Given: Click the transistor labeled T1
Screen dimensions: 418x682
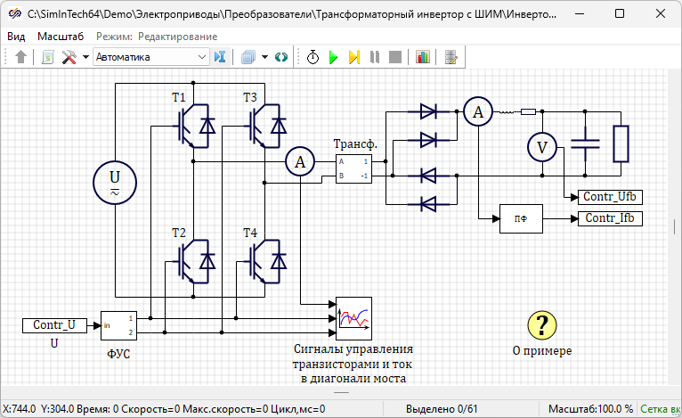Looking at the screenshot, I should coord(194,125).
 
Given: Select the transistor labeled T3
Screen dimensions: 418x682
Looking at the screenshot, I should coord(265,125).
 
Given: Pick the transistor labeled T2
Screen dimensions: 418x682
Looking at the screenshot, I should coord(194,259).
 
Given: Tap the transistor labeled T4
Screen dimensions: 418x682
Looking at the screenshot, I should coord(265,259).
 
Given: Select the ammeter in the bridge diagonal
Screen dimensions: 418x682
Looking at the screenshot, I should coord(301,161).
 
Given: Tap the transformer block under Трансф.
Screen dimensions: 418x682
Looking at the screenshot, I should coord(353,169).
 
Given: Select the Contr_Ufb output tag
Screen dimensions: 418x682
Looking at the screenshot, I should coord(610,197).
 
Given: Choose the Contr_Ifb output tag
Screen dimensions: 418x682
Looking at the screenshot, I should coord(610,218).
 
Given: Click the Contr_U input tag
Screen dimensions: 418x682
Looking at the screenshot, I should coord(54,325).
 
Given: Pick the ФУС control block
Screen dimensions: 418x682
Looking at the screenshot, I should coord(118,325).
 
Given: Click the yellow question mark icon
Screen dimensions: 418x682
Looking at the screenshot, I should coord(541,325).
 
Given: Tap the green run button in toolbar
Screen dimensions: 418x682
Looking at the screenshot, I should coord(333,57).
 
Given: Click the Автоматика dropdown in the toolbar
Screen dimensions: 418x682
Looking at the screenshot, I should coord(150,57).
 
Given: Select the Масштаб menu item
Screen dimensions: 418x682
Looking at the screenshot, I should coord(61,36).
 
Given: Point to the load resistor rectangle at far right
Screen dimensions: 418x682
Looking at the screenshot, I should coord(621,143).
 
